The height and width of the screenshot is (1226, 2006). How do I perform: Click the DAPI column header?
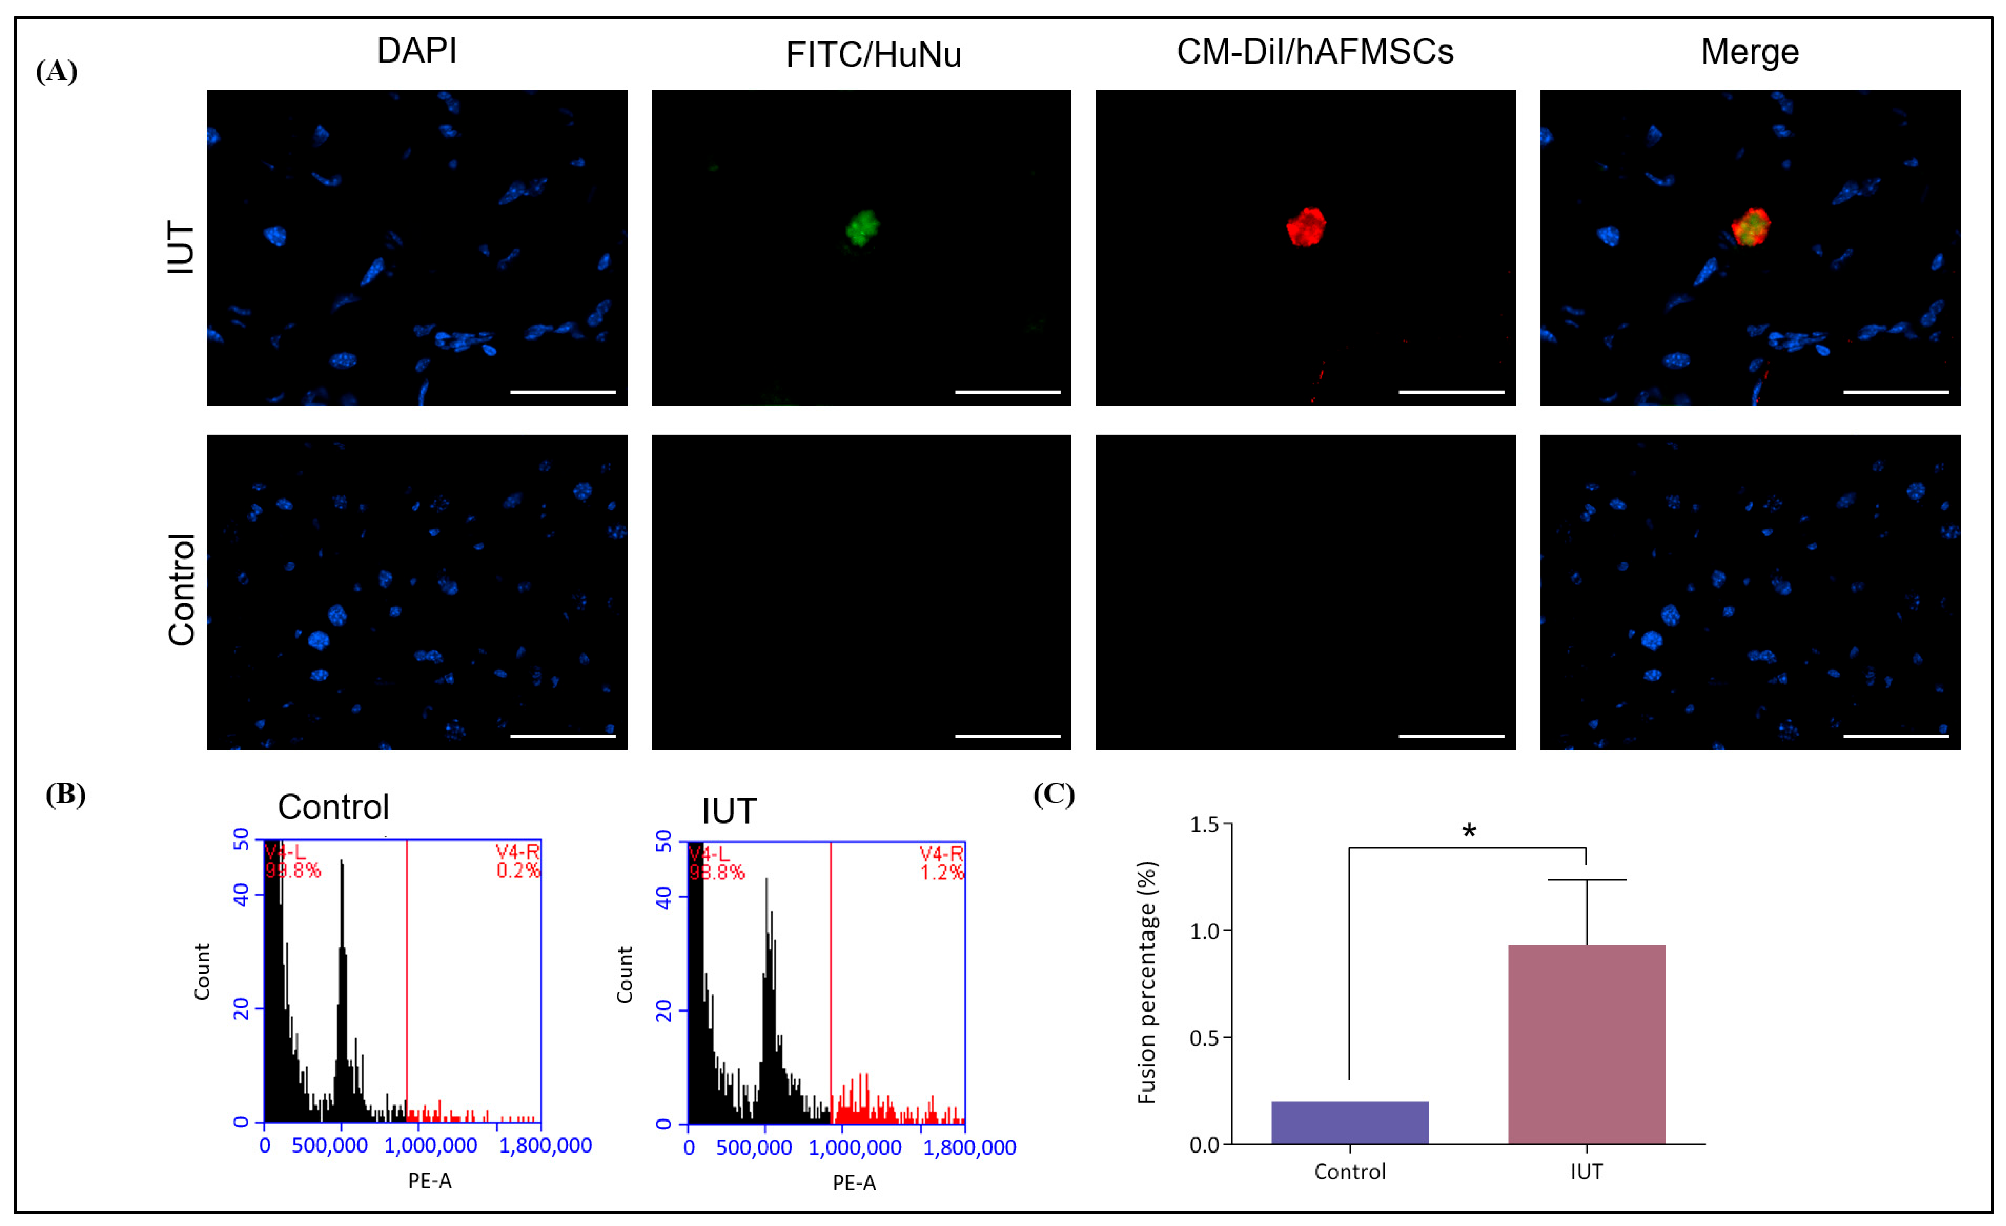click(417, 50)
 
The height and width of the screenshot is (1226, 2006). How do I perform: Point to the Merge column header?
click(1750, 52)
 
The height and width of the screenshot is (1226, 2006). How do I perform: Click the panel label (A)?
click(56, 72)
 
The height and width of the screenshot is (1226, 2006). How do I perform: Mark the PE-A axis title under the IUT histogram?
click(853, 1183)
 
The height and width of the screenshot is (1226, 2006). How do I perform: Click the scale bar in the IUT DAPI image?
click(563, 391)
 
